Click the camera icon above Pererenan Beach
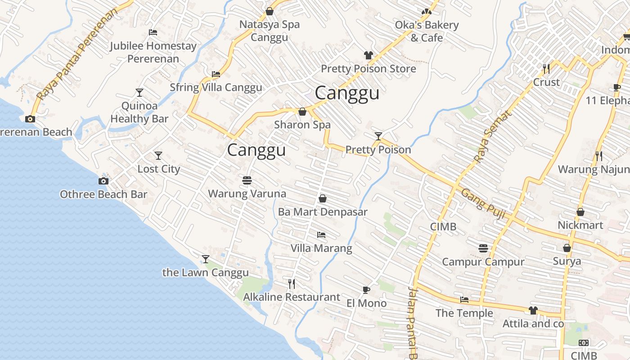point(30,119)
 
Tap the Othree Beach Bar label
point(103,194)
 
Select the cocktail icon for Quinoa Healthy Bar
point(139,93)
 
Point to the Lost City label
point(158,169)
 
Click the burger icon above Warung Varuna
point(247,180)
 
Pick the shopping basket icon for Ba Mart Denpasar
point(322,198)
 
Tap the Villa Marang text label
point(321,248)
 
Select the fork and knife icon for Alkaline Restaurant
point(292,283)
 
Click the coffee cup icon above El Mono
point(366,290)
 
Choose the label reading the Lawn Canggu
point(205,273)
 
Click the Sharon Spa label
point(302,125)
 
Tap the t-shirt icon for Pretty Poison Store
point(369,55)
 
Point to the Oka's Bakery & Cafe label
point(427,31)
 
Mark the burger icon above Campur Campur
point(483,248)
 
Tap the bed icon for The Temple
point(464,300)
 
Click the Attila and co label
point(533,324)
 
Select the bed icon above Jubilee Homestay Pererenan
point(153,32)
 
